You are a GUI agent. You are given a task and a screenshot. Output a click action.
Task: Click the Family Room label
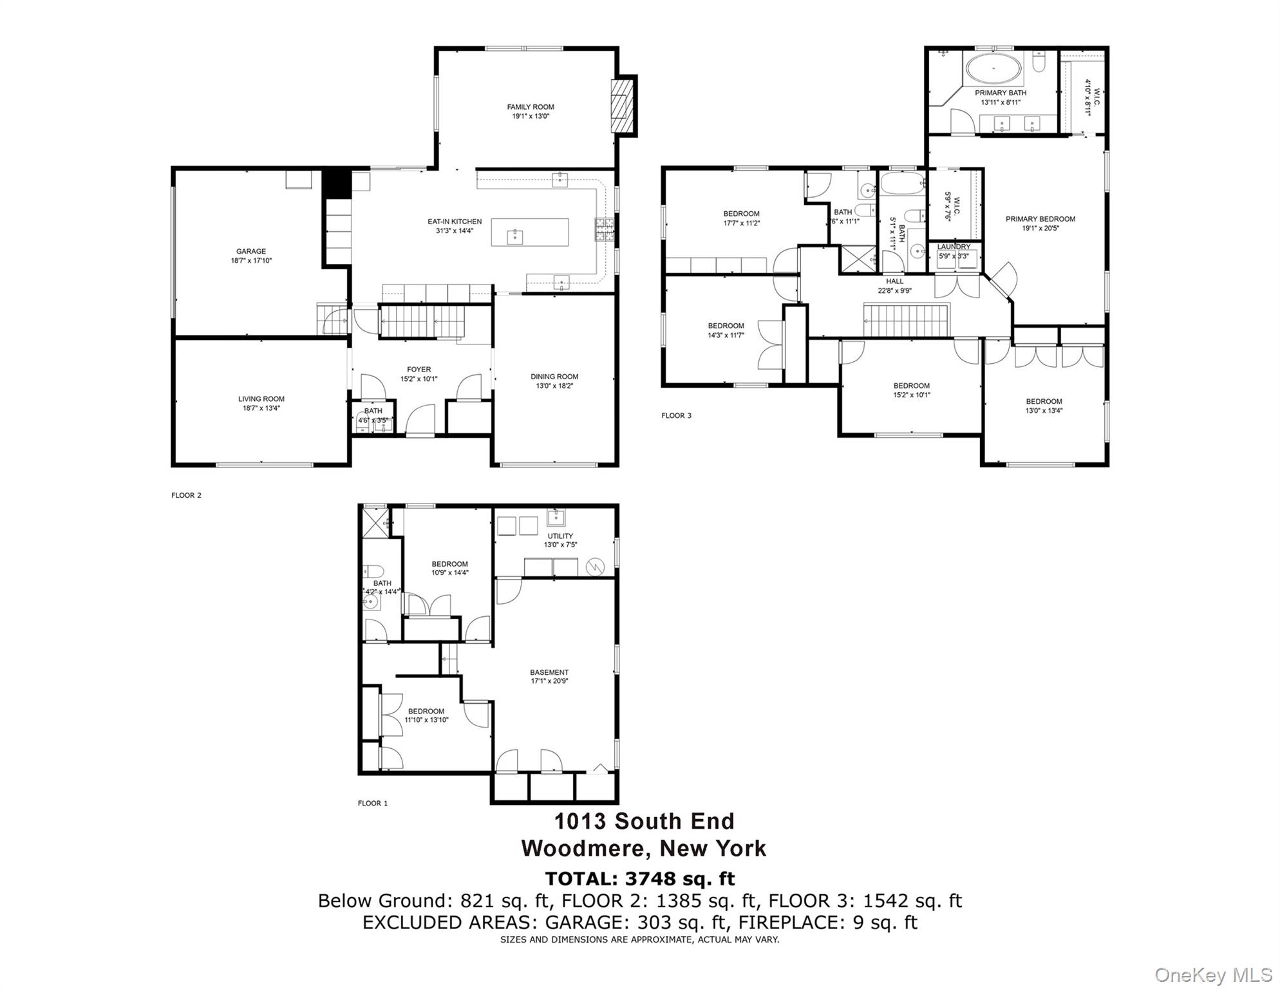tap(530, 107)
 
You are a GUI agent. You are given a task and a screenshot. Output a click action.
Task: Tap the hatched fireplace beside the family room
tap(621, 106)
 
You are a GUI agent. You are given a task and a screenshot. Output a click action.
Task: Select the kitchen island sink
tap(515, 237)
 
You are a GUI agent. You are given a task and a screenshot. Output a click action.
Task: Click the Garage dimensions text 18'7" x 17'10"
tap(250, 261)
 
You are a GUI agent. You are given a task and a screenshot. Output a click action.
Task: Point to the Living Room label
tap(261, 399)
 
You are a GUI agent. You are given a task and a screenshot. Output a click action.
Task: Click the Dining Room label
tap(554, 377)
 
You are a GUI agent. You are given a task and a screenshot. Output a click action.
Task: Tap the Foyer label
tap(419, 370)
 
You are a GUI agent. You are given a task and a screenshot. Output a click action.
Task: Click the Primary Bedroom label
tap(1040, 219)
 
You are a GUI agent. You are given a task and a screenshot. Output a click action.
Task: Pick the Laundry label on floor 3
tap(953, 247)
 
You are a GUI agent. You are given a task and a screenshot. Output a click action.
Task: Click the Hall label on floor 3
tap(894, 281)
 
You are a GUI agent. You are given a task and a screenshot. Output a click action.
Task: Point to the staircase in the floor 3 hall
tap(907, 321)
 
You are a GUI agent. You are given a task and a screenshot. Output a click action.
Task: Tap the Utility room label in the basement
tap(560, 536)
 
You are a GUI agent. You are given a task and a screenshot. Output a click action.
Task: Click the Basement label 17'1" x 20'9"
tap(549, 672)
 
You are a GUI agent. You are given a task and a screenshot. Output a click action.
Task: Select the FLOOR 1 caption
tap(373, 803)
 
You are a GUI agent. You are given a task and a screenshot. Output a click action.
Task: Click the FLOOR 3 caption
tap(676, 415)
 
